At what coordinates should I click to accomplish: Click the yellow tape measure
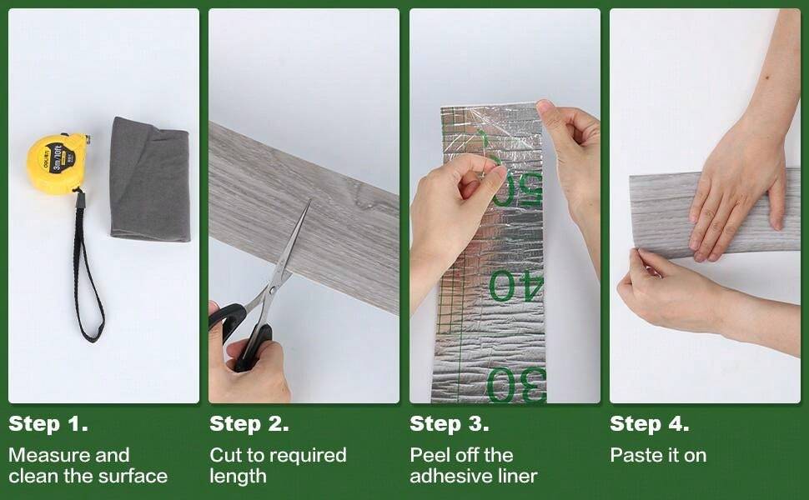[57, 163]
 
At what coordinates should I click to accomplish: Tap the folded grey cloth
[150, 178]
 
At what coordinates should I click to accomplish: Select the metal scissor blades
[288, 250]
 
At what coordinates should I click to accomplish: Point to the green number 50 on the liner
[517, 189]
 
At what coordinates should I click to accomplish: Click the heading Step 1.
[48, 424]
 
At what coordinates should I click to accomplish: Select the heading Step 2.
[249, 424]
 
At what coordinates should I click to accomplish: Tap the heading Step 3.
[449, 424]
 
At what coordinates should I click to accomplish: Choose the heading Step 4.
[649, 424]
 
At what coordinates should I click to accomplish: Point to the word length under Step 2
[238, 477]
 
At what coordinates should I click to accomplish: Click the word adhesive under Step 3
[451, 477]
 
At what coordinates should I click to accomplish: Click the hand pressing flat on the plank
[734, 192]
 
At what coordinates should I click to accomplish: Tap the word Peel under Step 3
[427, 455]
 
